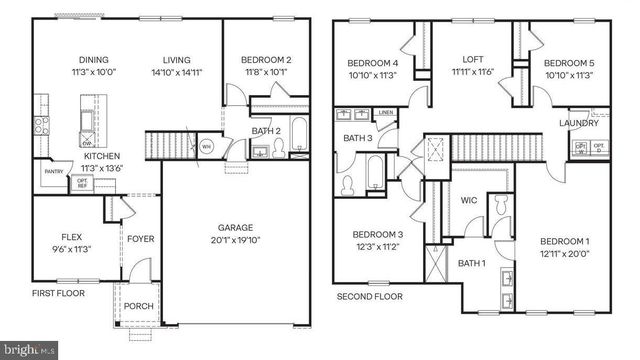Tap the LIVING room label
pyautogui.click(x=176, y=59)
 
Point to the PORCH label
pyautogui.click(x=139, y=306)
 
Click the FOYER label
pyautogui.click(x=139, y=238)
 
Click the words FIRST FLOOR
pyautogui.click(x=58, y=294)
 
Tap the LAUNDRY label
pyautogui.click(x=579, y=124)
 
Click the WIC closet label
pyautogui.click(x=468, y=200)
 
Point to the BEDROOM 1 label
pyautogui.click(x=565, y=241)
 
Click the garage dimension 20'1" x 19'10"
pyautogui.click(x=239, y=239)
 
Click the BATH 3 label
pyautogui.click(x=357, y=138)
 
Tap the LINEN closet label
pyautogui.click(x=386, y=113)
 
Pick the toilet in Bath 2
pyautogui.click(x=277, y=150)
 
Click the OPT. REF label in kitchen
pyautogui.click(x=82, y=183)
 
